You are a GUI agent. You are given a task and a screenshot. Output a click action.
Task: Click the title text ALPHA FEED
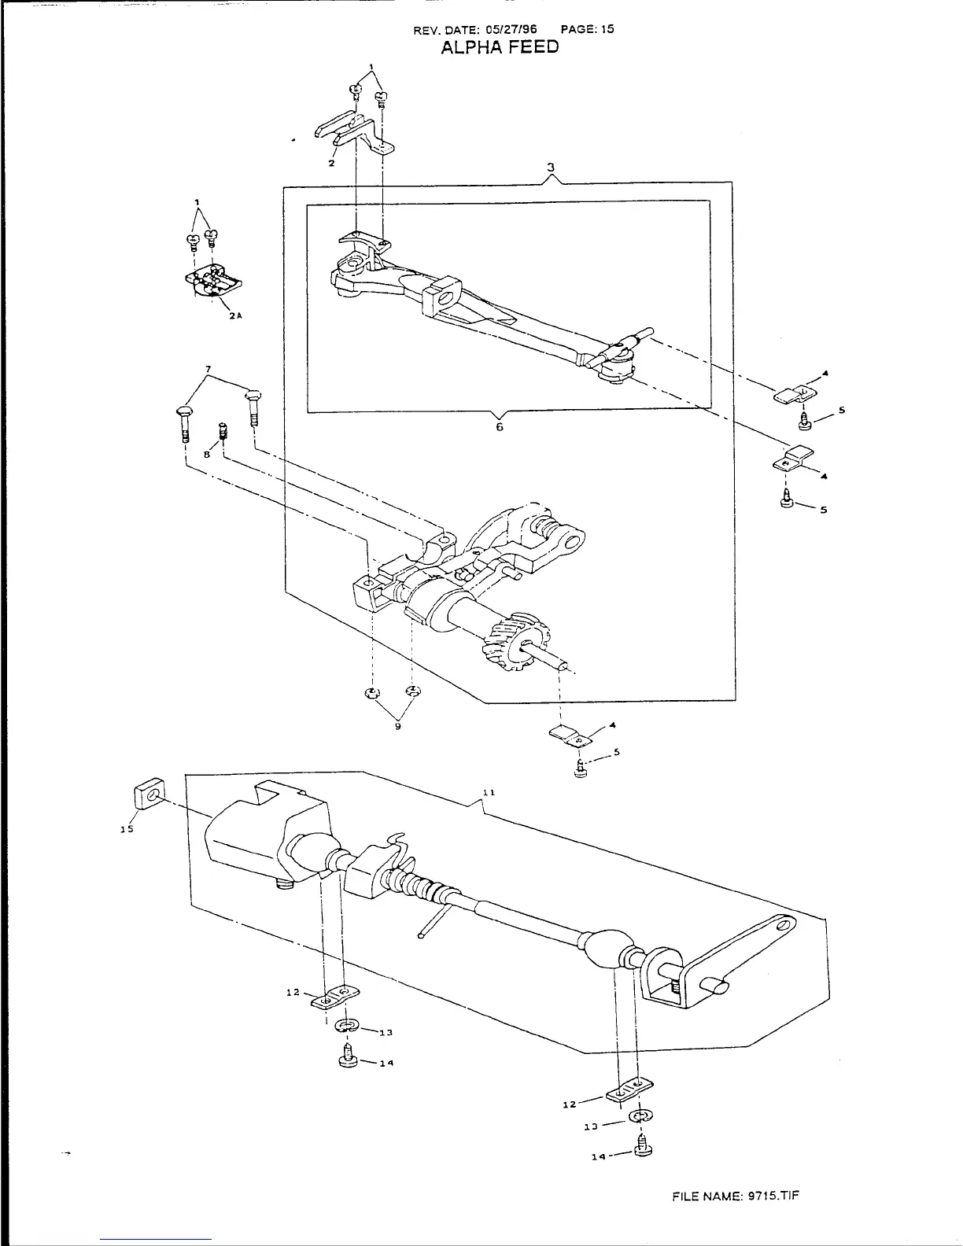tap(500, 47)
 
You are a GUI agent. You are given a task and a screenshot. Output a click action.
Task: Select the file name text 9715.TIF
tap(773, 1196)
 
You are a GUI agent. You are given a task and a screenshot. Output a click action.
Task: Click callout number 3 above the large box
tap(552, 168)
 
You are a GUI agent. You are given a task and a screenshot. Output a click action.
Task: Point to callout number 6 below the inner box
tap(499, 427)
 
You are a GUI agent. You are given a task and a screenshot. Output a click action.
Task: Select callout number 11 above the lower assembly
tap(488, 793)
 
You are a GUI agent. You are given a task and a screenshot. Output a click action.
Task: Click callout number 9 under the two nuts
tap(398, 727)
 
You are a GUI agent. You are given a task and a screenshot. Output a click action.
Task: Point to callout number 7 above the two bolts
tap(208, 370)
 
